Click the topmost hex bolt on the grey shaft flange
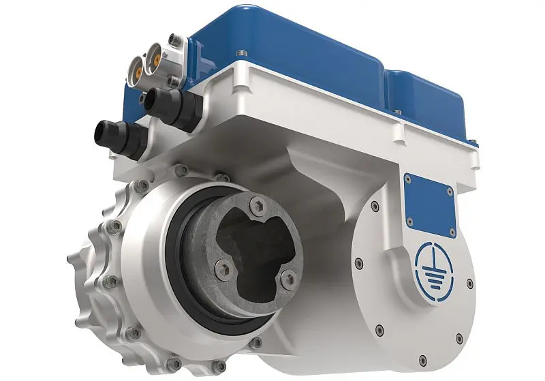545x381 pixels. tap(253, 203)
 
